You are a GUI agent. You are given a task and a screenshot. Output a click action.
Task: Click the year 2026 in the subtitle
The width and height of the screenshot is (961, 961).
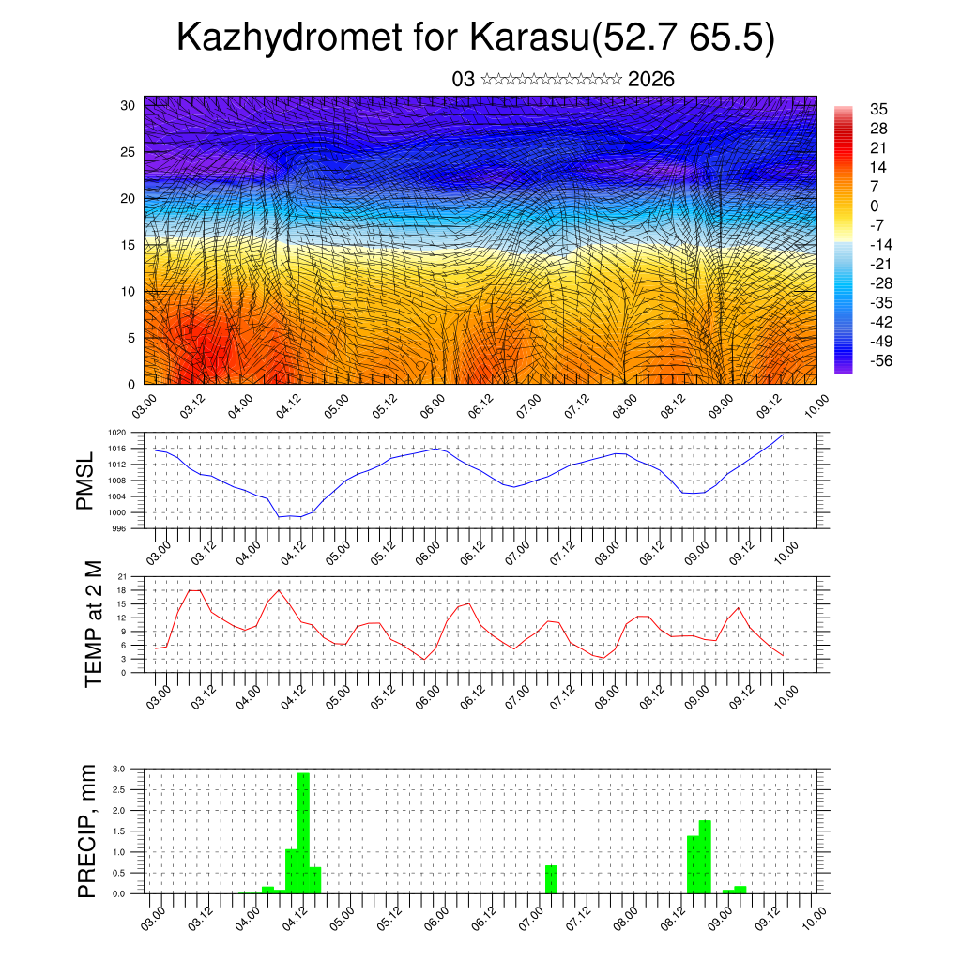[651, 79]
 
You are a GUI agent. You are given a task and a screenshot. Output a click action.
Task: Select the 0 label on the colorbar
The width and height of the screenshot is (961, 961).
[875, 206]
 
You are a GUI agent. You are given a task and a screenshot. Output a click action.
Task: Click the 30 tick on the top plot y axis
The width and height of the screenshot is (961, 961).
[127, 105]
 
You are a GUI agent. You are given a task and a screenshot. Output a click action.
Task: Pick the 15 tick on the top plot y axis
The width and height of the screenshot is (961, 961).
[127, 245]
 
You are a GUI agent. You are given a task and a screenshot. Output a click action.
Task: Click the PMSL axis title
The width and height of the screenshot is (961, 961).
[86, 481]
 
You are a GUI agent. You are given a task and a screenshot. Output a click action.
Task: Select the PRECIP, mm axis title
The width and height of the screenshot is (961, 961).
[87, 831]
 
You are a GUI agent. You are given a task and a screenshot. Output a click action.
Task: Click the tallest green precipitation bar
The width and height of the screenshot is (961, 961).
[303, 832]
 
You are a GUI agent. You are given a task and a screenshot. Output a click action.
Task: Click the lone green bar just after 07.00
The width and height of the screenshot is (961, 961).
[551, 878]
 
